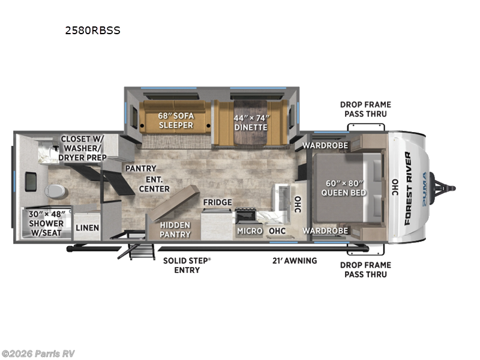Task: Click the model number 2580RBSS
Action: click(x=92, y=30)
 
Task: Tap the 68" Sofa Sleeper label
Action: click(x=176, y=120)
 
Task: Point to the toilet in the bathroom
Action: click(x=54, y=190)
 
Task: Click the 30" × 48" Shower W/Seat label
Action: click(x=47, y=222)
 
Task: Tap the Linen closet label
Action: click(x=87, y=228)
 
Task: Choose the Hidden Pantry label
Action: click(x=175, y=229)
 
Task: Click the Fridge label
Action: click(x=217, y=202)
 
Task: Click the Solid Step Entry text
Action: click(x=188, y=265)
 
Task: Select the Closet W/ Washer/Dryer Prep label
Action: click(x=83, y=148)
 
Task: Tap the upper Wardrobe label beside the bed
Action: click(x=325, y=146)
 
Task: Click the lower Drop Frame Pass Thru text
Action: click(x=365, y=269)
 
